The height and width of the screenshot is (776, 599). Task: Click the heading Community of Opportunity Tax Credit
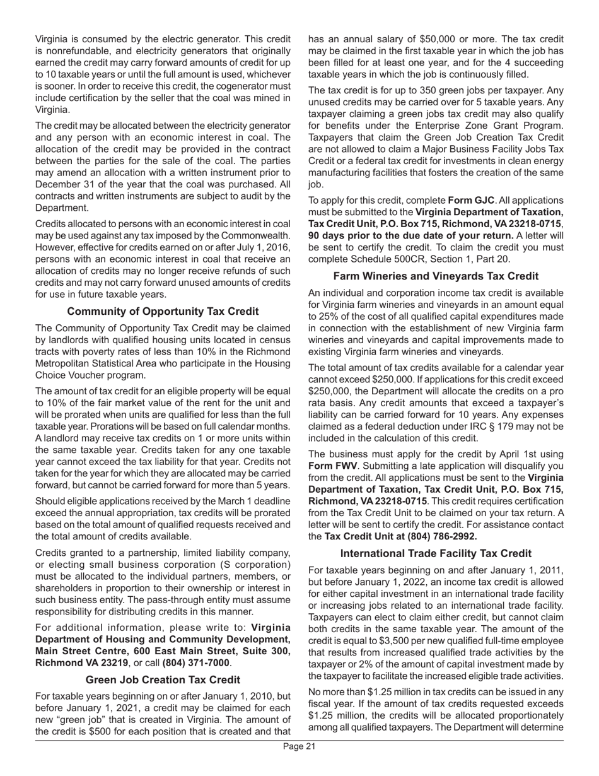[x=163, y=312]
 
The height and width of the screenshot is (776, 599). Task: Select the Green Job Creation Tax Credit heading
[x=163, y=679]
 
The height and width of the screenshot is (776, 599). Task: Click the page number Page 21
[x=299, y=764]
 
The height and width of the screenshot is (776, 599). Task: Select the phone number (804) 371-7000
[x=192, y=664]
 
